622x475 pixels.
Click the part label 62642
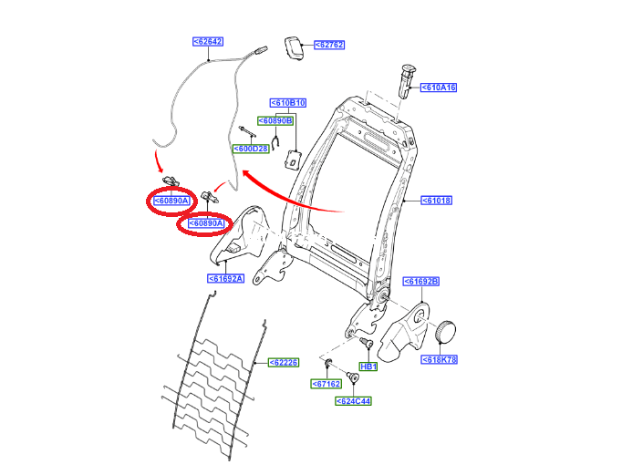(x=208, y=42)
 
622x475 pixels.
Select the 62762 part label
(x=329, y=45)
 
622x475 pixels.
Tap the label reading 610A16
(x=439, y=88)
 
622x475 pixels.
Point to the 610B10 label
(x=288, y=103)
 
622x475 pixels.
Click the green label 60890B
(x=275, y=121)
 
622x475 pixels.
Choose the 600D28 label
(x=251, y=149)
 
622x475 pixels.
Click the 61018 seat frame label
(x=436, y=201)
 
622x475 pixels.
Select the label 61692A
(x=225, y=279)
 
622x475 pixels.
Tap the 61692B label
(x=421, y=282)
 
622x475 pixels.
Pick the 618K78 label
(x=439, y=359)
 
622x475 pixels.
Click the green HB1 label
(x=368, y=367)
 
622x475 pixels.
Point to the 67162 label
(x=327, y=384)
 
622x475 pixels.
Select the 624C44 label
(x=353, y=401)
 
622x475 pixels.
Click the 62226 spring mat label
(x=284, y=362)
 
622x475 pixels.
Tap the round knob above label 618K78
(x=446, y=331)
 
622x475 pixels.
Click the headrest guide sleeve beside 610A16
(x=407, y=81)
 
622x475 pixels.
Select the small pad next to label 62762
(x=294, y=48)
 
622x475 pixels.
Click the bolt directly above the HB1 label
(x=366, y=343)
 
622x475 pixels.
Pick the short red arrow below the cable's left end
(x=159, y=161)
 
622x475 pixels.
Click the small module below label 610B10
(x=293, y=160)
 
